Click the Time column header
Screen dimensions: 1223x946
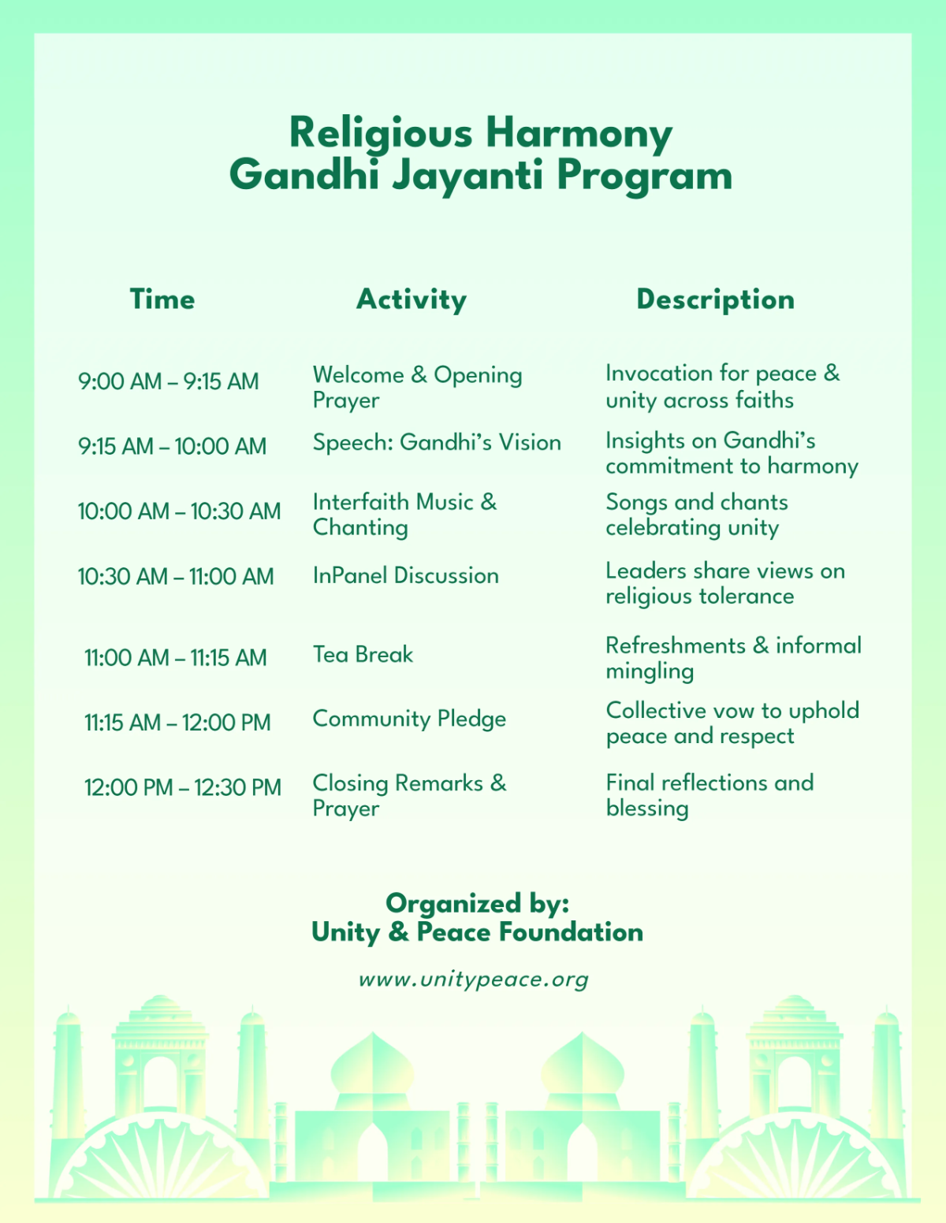162,299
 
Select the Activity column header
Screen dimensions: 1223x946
412,299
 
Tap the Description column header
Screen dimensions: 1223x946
715,299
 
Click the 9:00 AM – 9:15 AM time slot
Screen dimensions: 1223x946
168,381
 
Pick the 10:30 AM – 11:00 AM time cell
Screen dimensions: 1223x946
176,577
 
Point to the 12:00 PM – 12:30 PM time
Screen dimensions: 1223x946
183,787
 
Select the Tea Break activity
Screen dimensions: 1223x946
363,655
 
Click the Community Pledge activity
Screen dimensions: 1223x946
409,719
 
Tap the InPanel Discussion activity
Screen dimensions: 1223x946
405,576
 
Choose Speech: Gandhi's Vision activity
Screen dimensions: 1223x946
437,443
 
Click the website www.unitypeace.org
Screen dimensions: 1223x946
474,980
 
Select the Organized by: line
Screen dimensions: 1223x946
477,903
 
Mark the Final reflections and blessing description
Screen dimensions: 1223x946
709,795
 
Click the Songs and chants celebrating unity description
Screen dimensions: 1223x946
697,515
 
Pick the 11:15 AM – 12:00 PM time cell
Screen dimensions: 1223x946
177,723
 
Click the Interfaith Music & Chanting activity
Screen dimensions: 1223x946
404,515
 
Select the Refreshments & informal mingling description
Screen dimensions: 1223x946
733,658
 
